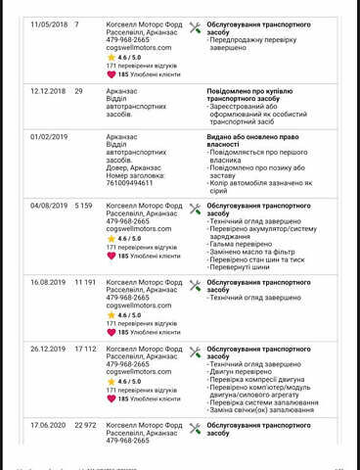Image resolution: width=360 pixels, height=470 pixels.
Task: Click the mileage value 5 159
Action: pos(83,207)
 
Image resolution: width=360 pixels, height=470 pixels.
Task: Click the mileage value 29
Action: pos(78,90)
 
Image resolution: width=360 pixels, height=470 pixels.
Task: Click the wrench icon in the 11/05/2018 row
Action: pos(195,25)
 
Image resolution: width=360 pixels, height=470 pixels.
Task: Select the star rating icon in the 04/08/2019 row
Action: pos(111,238)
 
